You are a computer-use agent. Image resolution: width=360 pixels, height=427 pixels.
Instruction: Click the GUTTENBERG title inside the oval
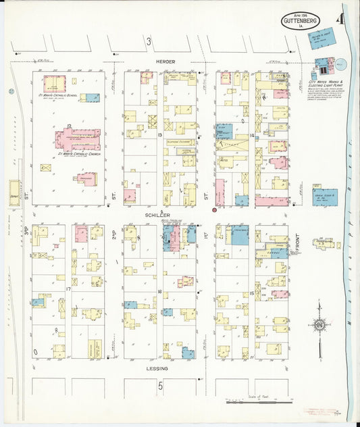tap(301, 21)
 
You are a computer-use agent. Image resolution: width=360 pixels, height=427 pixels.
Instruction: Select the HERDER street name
tap(165, 61)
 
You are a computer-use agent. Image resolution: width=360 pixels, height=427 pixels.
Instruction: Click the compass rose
tap(318, 325)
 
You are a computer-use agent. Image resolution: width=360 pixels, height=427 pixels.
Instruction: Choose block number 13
tap(160, 135)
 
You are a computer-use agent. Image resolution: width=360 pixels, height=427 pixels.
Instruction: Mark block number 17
tap(68, 289)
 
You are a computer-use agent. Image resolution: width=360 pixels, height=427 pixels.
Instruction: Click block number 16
tap(160, 292)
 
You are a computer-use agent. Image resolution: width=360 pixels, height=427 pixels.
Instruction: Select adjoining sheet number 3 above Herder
tap(148, 42)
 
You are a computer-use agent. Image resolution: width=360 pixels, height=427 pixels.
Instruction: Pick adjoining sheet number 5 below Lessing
tap(161, 386)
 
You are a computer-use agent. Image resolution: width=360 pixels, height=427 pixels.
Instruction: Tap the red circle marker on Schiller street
tap(215, 210)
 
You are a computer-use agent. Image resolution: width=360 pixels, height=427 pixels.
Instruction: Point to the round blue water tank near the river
tap(340, 66)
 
